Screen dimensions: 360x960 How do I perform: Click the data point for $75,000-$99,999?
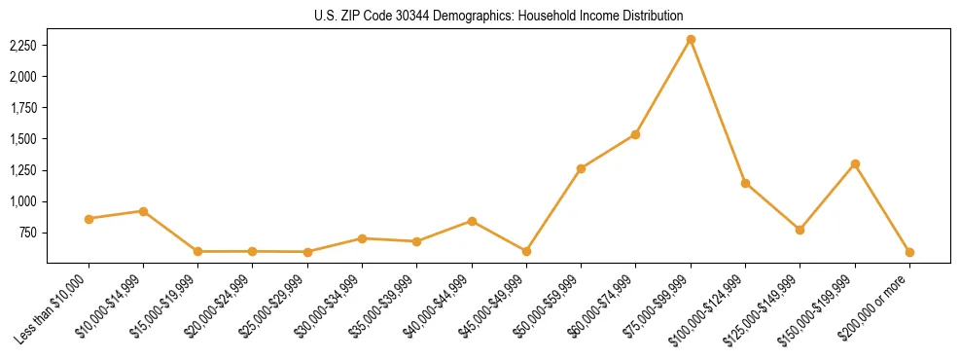tap(691, 40)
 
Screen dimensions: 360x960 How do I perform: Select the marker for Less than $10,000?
tap(89, 219)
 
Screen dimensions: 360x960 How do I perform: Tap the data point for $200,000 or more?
tap(909, 252)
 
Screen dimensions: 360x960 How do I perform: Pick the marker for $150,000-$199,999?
tap(855, 163)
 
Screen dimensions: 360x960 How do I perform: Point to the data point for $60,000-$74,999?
tap(635, 134)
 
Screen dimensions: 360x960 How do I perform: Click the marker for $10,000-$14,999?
tap(143, 211)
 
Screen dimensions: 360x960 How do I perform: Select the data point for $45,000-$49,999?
tap(526, 251)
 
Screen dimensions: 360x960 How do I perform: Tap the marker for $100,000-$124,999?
tap(745, 183)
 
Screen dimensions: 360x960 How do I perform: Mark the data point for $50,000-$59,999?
tap(581, 168)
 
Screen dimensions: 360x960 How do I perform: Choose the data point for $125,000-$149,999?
tap(800, 230)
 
